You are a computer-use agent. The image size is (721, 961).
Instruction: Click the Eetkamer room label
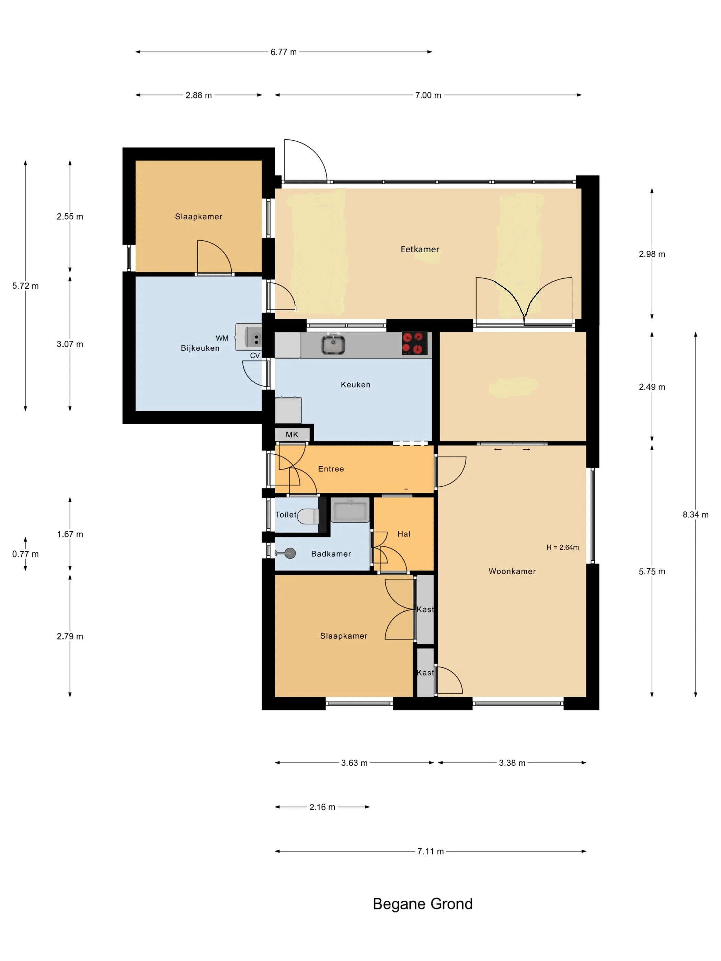pos(420,250)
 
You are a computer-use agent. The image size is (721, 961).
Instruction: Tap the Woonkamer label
pos(512,571)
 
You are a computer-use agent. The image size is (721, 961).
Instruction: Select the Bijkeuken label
pos(200,348)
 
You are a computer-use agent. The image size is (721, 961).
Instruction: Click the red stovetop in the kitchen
pos(414,343)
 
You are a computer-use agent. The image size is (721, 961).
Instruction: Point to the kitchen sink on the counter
pos(333,345)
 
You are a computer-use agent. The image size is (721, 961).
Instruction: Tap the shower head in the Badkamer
pos(286,553)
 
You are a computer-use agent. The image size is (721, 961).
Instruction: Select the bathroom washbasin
pos(350,510)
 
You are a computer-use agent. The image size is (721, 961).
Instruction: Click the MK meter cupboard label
pos(292,435)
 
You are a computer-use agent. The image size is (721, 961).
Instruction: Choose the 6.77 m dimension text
pos(283,52)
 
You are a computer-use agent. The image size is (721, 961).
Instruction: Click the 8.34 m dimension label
pos(695,515)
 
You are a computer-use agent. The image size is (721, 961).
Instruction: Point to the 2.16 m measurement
pos(322,807)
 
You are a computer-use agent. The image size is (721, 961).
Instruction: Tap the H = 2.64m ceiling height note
pos(562,547)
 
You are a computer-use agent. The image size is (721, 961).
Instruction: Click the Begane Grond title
pos(422,904)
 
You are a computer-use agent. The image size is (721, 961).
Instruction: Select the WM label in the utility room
pos(222,338)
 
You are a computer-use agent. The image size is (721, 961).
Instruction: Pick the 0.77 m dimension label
pos(25,554)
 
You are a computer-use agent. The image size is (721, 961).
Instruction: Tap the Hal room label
pos(404,534)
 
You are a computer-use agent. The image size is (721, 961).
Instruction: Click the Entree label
pos(331,469)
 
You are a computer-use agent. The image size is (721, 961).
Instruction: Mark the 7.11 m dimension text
pos(430,852)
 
